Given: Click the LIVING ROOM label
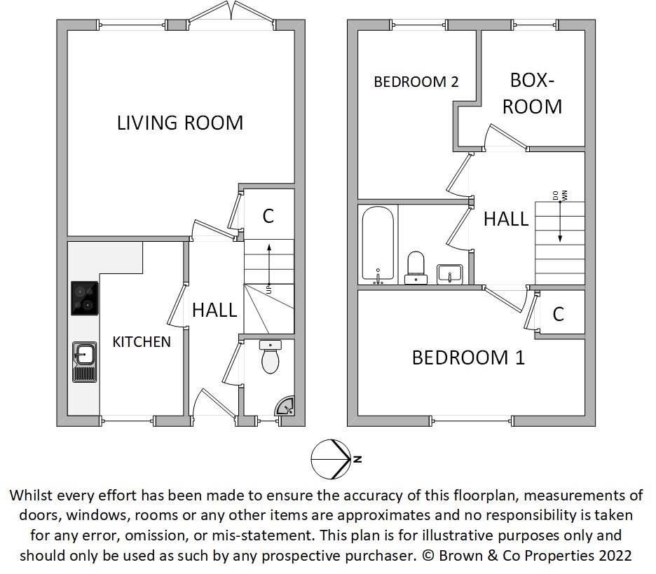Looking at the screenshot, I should [x=180, y=123].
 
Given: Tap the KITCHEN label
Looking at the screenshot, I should [x=142, y=342].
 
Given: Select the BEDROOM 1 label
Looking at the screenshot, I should [x=467, y=357].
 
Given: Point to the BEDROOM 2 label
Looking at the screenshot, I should [x=416, y=82].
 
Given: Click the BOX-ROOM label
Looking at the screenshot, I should [x=532, y=93].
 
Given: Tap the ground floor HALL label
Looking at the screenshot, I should [x=214, y=310].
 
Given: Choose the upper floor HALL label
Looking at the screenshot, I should [x=505, y=219].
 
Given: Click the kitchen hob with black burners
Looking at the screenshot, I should [x=85, y=297].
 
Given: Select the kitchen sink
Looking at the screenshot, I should [x=84, y=361].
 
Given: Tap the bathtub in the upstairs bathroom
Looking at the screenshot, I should [x=378, y=245].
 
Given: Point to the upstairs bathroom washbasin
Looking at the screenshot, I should [x=449, y=273].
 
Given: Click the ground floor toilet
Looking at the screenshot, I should [x=270, y=357].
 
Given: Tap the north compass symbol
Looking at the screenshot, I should [x=332, y=459].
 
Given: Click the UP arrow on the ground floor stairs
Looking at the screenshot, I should [x=268, y=266].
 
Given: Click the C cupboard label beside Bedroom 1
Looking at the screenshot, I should [x=559, y=314].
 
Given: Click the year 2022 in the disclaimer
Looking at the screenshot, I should [x=615, y=556].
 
